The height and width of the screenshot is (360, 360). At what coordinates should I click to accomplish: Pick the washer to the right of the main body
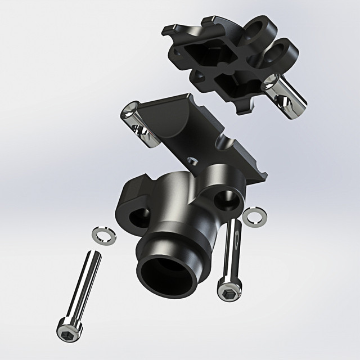[255, 215]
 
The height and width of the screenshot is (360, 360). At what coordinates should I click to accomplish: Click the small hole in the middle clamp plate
[193, 160]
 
